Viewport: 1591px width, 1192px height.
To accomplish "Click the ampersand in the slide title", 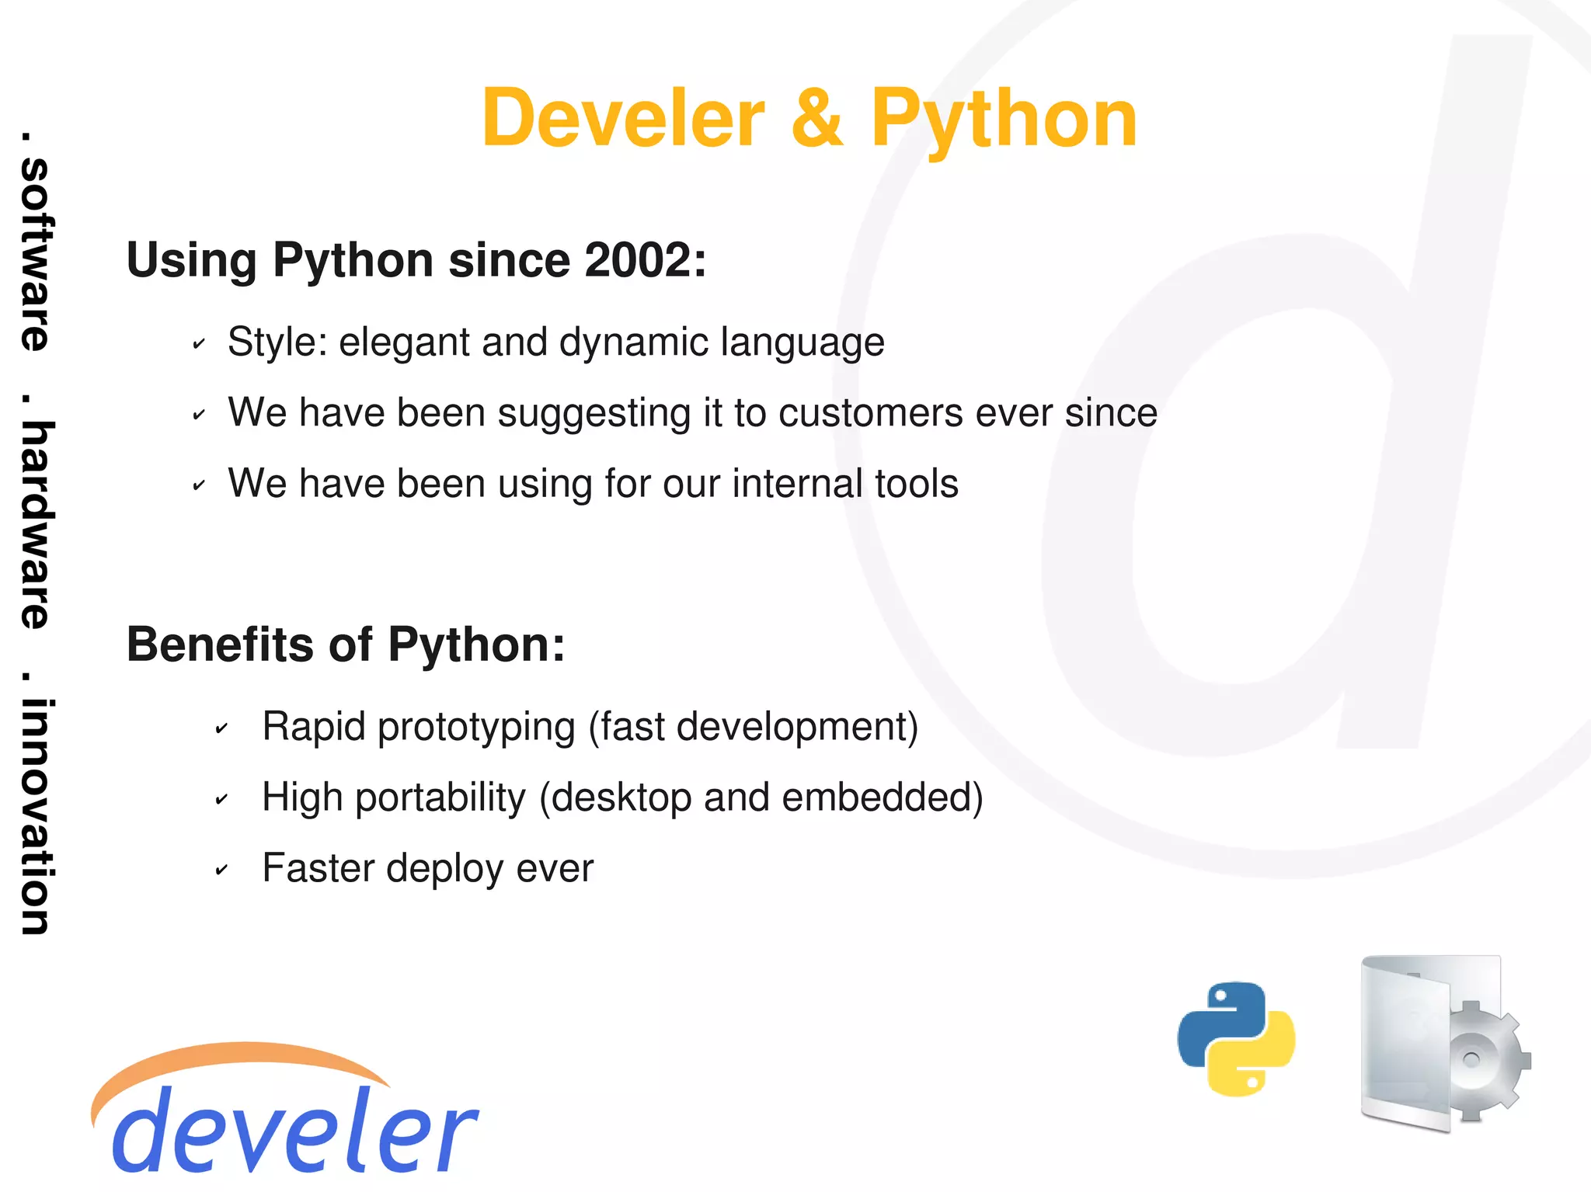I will click(x=816, y=118).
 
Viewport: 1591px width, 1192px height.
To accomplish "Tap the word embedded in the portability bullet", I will click(x=876, y=798).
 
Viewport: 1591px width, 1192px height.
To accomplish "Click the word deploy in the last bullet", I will click(x=444, y=869).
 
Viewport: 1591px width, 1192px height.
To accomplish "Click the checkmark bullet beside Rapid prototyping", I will click(x=221, y=728).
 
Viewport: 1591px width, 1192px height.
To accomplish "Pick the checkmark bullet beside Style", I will click(x=199, y=343).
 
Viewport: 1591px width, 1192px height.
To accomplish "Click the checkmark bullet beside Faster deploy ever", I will click(x=221, y=870).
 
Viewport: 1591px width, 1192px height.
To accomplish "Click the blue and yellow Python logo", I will click(x=1235, y=1038).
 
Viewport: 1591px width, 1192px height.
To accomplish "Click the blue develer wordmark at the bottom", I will click(x=295, y=1131).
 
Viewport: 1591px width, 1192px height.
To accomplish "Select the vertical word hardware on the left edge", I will click(x=35, y=524).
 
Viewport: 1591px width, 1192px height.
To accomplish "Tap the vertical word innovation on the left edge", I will click(x=35, y=815).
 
